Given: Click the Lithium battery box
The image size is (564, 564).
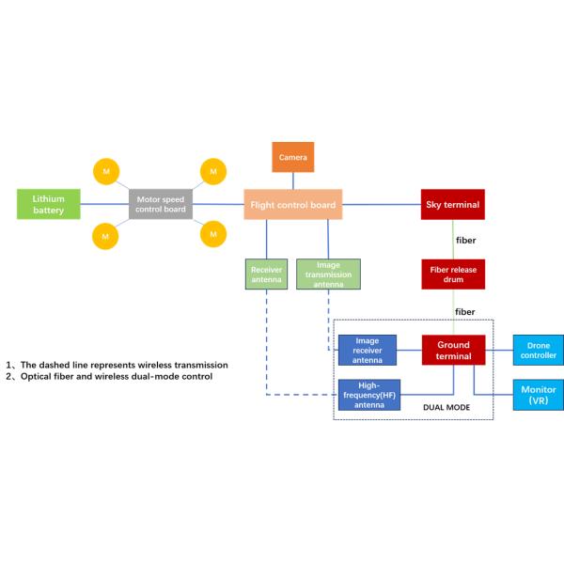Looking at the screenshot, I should point(49,204).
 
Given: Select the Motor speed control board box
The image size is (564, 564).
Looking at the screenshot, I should point(161,203).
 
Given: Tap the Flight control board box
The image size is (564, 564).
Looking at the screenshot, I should point(291,204).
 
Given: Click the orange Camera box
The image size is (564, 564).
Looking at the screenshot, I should point(293,157).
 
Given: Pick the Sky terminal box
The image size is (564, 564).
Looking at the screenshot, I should point(452,204).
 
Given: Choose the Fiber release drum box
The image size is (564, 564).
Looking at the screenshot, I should point(452,274).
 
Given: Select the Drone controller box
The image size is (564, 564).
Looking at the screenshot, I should point(538,350).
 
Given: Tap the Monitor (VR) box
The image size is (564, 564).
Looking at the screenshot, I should point(538,395).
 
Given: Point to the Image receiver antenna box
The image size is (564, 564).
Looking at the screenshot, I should point(367,350).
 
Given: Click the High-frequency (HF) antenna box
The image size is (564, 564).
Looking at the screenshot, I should point(367,395).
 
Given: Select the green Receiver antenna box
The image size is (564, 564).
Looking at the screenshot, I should point(267,274).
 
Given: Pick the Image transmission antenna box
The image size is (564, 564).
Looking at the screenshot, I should point(328,274).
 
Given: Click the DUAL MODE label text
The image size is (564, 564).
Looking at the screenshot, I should point(446,407).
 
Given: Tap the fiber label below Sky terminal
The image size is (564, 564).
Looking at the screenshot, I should point(465,240).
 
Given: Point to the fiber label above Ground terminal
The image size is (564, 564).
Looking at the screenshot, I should point(465,311).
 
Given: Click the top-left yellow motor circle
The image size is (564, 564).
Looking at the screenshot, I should point(105,172).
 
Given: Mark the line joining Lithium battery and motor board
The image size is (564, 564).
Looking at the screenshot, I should point(104,204).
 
